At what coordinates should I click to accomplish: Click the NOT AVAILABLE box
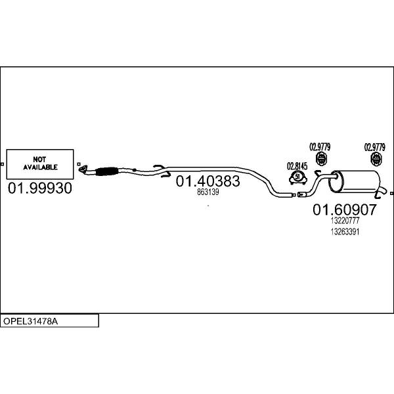41,163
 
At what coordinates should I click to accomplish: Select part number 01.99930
39,189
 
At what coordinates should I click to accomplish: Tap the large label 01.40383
208,181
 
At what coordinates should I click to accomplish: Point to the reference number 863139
208,192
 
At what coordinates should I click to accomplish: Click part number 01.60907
344,210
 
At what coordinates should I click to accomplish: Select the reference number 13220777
345,221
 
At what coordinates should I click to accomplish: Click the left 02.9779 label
320,146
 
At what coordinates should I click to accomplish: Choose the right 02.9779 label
375,146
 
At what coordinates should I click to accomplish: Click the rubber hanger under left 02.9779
320,160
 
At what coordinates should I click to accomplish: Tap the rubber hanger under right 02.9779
376,160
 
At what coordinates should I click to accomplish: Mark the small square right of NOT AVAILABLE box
79,164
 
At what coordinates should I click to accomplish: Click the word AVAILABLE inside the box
41,167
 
